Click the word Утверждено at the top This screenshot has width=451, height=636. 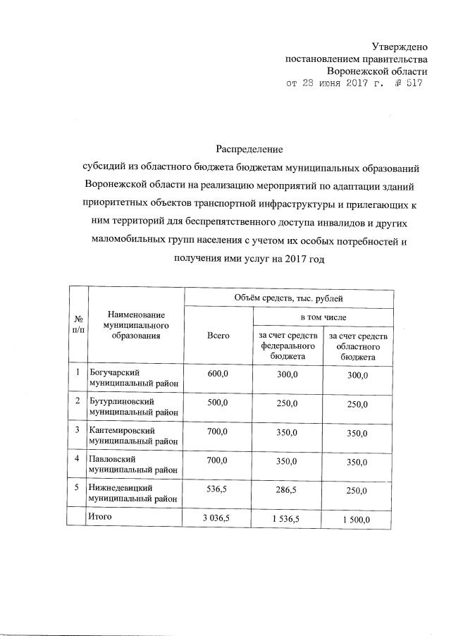(x=400, y=47)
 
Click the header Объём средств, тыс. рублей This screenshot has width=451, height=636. (x=288, y=299)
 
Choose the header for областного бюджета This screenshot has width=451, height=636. (x=359, y=347)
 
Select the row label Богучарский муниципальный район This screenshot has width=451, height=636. (x=132, y=377)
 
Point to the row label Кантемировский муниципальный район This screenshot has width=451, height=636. (x=132, y=435)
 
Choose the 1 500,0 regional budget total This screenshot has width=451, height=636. (x=359, y=520)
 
